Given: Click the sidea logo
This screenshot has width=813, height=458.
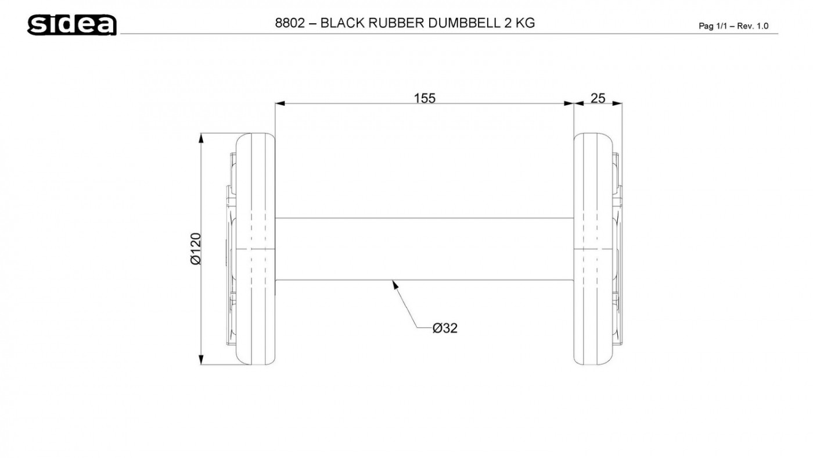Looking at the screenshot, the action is pyautogui.click(x=72, y=24).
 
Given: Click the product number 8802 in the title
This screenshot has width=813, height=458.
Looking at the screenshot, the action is pyautogui.click(x=290, y=23).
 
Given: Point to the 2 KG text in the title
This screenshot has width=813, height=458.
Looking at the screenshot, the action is pyautogui.click(x=519, y=23).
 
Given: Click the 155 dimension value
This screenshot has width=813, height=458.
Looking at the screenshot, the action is pyautogui.click(x=425, y=98).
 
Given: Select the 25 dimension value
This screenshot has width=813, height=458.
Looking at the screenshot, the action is pyautogui.click(x=598, y=98).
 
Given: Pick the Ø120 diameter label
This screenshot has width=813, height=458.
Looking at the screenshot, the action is pyautogui.click(x=196, y=249).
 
